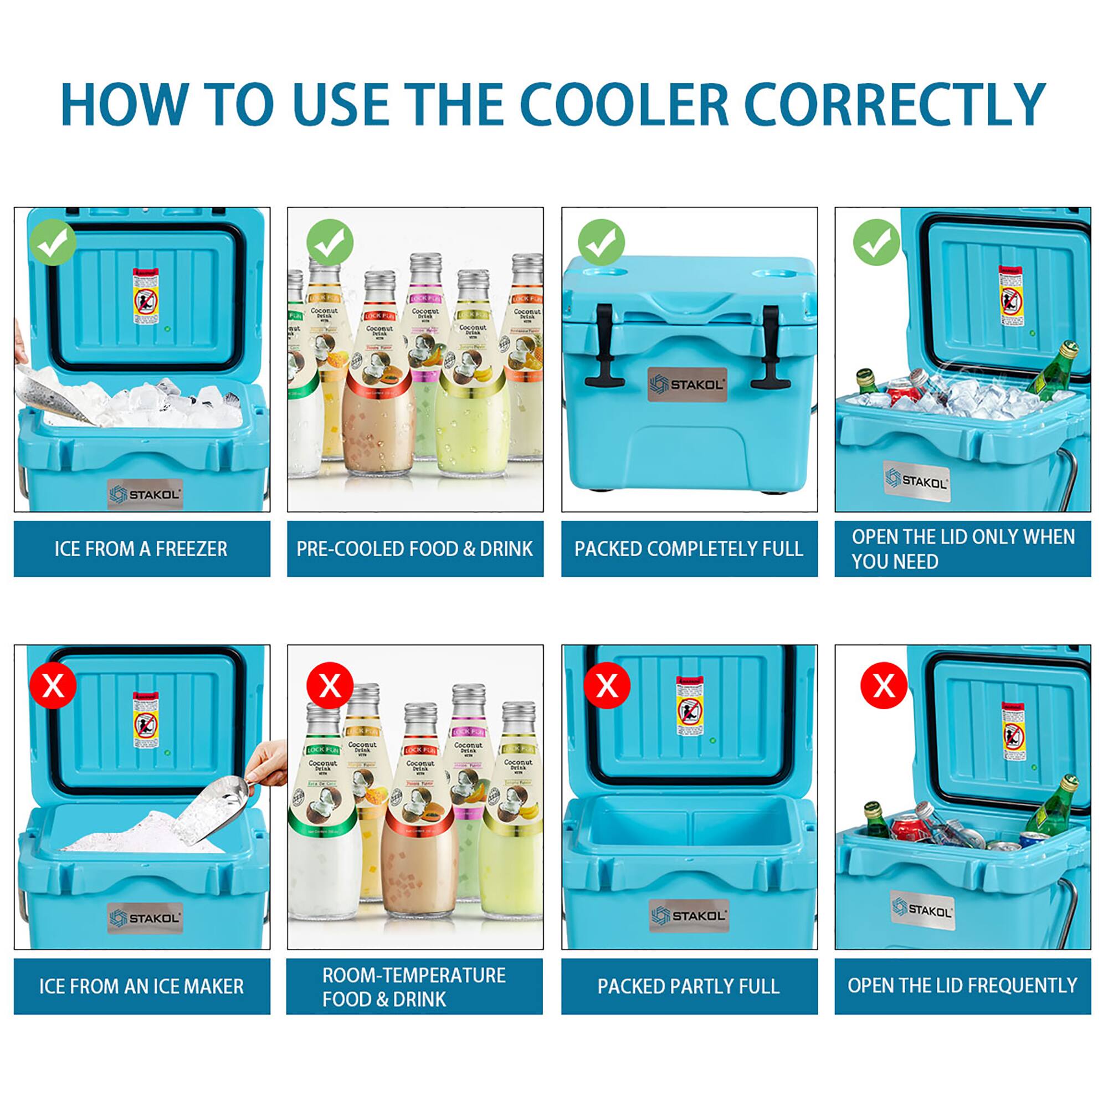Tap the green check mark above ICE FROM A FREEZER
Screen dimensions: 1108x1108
point(53,243)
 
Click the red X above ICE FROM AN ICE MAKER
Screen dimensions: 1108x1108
point(53,685)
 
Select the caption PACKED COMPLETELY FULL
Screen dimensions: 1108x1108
point(689,549)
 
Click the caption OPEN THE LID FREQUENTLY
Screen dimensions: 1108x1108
point(962,985)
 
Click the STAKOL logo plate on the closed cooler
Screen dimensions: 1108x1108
point(688,384)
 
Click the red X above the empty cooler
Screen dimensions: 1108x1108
point(607,685)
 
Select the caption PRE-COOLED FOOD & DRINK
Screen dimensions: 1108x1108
point(414,549)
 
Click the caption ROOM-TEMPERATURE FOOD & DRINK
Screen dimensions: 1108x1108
point(414,987)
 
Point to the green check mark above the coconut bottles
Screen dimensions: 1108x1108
point(329,243)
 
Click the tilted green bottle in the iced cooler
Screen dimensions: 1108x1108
point(1053,368)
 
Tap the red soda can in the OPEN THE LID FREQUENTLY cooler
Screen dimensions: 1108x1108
point(909,829)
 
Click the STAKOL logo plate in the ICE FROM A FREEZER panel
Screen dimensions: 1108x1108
point(145,494)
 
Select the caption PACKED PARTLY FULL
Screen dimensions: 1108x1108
point(689,986)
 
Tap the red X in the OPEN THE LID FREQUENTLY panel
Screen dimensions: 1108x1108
point(883,685)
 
